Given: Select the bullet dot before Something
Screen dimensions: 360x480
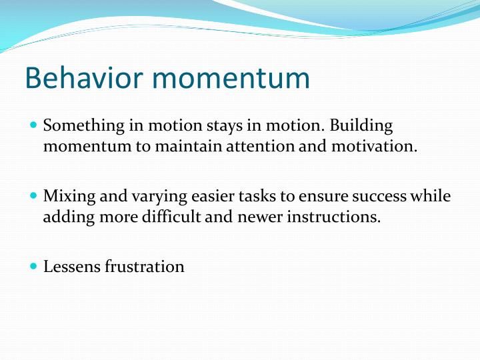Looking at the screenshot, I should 35,125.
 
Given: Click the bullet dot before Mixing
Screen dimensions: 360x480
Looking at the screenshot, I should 35,197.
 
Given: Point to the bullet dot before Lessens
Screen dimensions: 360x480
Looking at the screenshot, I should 35,267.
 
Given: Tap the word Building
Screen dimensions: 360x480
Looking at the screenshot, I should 361,126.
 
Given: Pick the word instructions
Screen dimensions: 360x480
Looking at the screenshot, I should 337,217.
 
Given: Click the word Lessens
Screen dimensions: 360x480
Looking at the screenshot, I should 71,267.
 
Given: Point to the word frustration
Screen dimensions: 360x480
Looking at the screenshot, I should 145,267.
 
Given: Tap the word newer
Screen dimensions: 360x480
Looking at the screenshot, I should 265,217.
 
